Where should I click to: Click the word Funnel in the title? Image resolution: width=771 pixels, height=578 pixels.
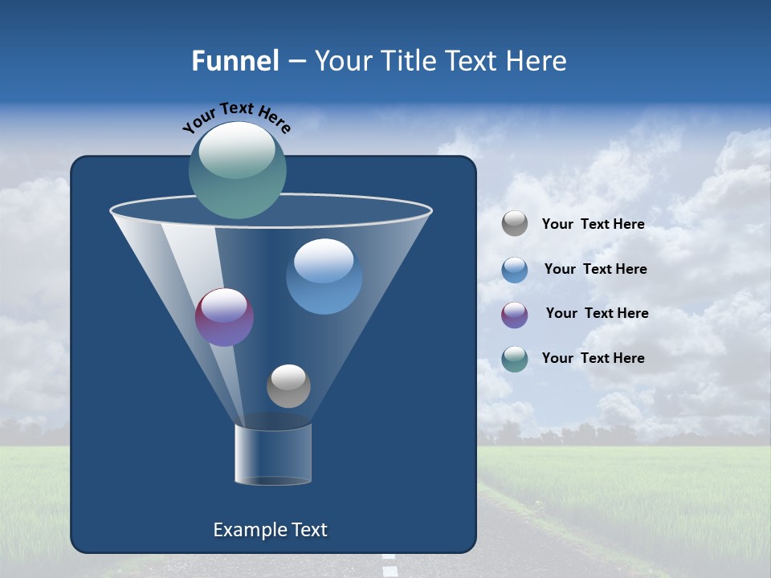(x=235, y=61)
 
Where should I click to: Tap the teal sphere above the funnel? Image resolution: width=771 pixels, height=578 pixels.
(x=238, y=169)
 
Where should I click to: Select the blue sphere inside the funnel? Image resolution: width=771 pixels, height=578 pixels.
(x=324, y=276)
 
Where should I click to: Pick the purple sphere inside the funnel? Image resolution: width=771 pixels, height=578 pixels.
(x=224, y=317)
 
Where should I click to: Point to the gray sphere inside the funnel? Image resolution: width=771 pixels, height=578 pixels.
(x=288, y=385)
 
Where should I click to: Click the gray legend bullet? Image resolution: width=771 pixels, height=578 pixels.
(x=515, y=224)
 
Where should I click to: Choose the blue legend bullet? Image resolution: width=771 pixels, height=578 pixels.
(x=515, y=269)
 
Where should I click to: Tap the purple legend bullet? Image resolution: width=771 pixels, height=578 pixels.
(x=515, y=314)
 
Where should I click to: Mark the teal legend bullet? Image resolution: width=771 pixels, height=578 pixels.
(x=515, y=358)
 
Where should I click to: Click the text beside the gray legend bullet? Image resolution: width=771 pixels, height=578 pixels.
(x=593, y=224)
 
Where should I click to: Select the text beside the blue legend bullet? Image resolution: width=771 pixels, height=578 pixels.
(x=595, y=269)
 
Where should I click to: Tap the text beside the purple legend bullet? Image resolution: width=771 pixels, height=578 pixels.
(x=597, y=313)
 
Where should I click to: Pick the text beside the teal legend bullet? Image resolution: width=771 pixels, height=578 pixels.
(x=593, y=358)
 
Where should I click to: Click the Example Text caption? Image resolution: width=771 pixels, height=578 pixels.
(x=271, y=530)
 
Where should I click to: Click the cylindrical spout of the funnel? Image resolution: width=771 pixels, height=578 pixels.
(x=272, y=455)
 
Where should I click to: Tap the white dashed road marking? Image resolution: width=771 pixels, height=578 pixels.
(x=390, y=568)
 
